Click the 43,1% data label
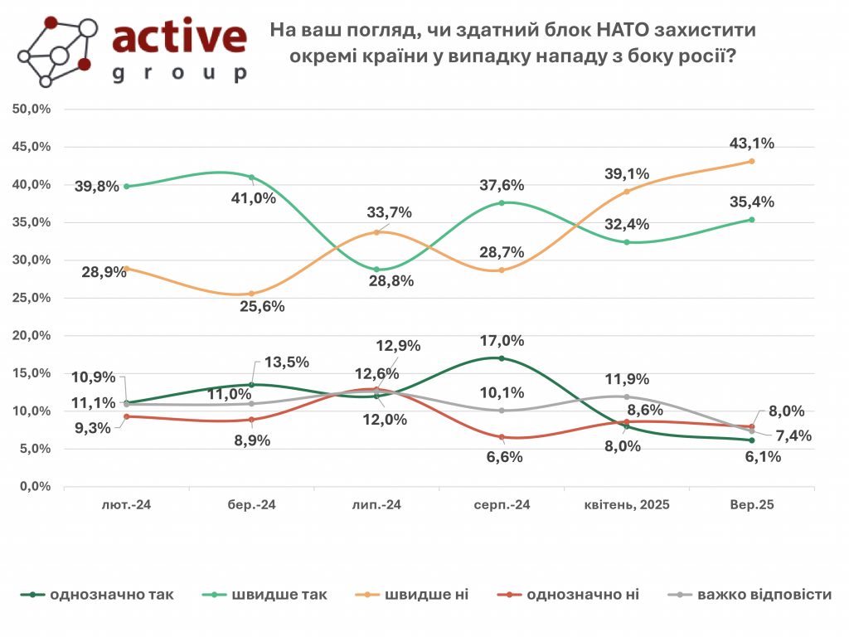[x=753, y=143]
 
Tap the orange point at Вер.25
[x=752, y=161]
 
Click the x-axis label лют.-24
[x=127, y=504]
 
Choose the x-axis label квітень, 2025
[x=627, y=504]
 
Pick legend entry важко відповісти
[x=764, y=594]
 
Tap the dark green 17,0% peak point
[x=502, y=358]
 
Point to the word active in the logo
[x=179, y=37]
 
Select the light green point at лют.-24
[x=127, y=187]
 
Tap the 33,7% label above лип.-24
[x=390, y=213]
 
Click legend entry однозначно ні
[x=582, y=594]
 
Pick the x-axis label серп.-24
[x=502, y=504]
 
